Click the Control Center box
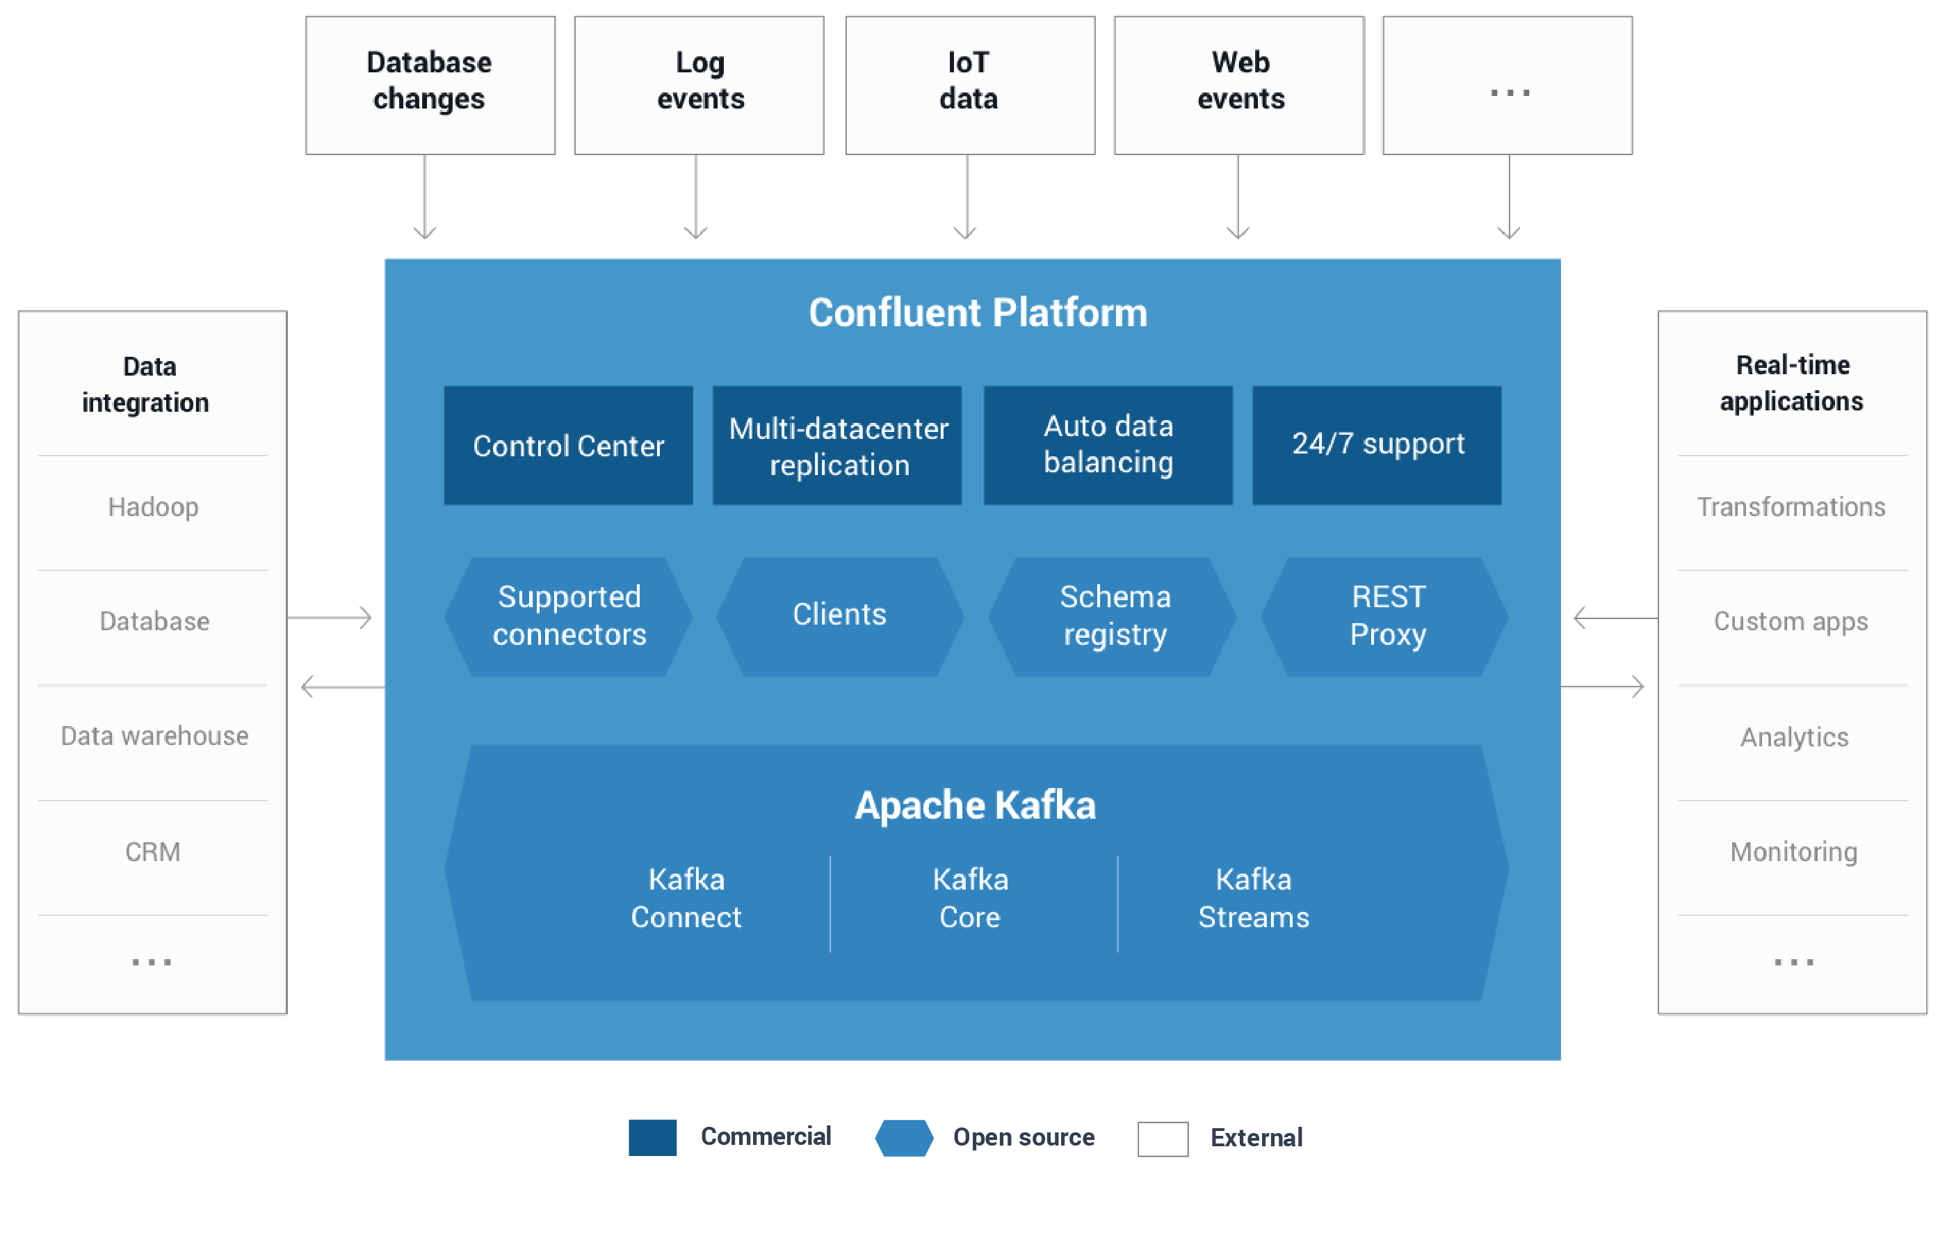tap(568, 446)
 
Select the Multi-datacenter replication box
tap(837, 446)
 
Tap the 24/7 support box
tap(1377, 446)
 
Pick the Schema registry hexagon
tap(1113, 616)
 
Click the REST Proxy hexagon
tap(1386, 616)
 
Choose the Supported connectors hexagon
tap(569, 616)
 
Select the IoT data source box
tap(969, 85)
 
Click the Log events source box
tap(699, 85)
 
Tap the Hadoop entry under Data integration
tap(153, 507)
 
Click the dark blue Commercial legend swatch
tap(652, 1137)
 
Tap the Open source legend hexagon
tap(904, 1137)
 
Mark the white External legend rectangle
tap(1162, 1138)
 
